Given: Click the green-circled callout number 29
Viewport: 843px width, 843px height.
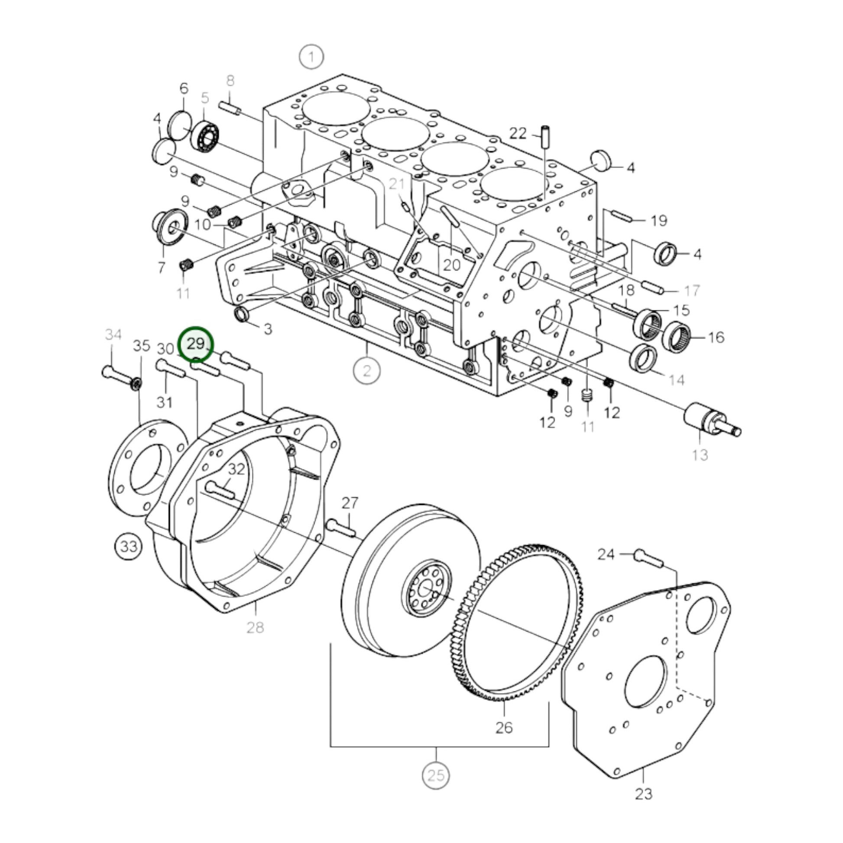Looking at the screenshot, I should click(195, 344).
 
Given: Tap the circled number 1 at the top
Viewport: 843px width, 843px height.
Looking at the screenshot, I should click(311, 57).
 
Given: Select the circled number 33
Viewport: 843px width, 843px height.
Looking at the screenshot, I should click(128, 546).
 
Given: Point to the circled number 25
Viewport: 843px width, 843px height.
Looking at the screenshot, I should click(436, 775).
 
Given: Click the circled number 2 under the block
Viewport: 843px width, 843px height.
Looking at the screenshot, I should click(366, 371).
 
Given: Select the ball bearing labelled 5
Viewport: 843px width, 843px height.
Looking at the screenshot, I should click(205, 135).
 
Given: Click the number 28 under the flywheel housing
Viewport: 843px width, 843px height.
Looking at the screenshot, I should click(255, 627).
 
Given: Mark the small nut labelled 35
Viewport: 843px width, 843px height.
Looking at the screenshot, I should click(136, 383).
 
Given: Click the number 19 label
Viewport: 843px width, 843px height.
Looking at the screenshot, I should click(659, 220).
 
